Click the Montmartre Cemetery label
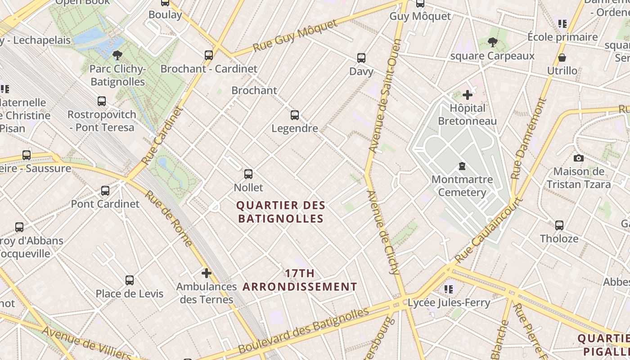tap(462, 186)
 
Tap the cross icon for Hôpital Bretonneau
tap(468, 95)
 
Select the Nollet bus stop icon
tap(248, 174)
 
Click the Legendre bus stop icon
tap(295, 115)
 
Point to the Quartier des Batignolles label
tap(280, 212)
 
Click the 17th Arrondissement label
tap(300, 280)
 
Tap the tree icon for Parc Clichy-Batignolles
tap(117, 55)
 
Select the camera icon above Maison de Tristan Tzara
tap(579, 158)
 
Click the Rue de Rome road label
tap(169, 219)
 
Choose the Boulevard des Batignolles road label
tap(304, 330)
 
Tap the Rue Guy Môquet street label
tap(295, 36)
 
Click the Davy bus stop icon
tap(361, 58)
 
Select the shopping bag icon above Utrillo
tap(562, 58)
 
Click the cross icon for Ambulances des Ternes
tap(206, 273)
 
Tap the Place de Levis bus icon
tap(130, 280)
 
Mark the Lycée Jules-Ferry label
tap(449, 303)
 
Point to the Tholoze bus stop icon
tap(559, 225)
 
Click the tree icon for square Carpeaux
tap(492, 42)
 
